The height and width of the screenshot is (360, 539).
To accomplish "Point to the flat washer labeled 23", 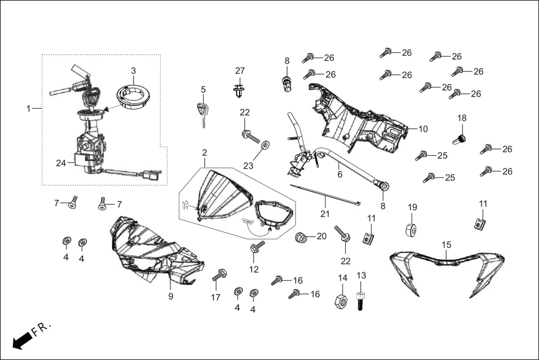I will [x=265, y=146].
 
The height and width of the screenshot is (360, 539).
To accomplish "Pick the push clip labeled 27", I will [x=240, y=89].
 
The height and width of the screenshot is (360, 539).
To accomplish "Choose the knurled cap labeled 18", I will [x=461, y=140].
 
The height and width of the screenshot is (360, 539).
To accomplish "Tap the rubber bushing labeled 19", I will [x=412, y=229].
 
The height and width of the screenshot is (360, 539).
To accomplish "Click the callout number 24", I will [x=61, y=163].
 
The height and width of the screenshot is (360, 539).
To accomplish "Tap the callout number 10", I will [x=423, y=129].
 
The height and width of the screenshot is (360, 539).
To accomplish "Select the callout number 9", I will [x=171, y=297].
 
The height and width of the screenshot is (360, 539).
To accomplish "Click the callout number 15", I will [x=446, y=245].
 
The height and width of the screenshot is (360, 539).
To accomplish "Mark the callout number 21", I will [x=325, y=214].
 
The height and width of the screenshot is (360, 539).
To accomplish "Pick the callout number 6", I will [x=340, y=175].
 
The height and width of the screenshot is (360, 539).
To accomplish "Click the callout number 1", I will [x=28, y=109].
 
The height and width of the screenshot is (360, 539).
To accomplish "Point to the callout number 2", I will [x=204, y=152].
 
